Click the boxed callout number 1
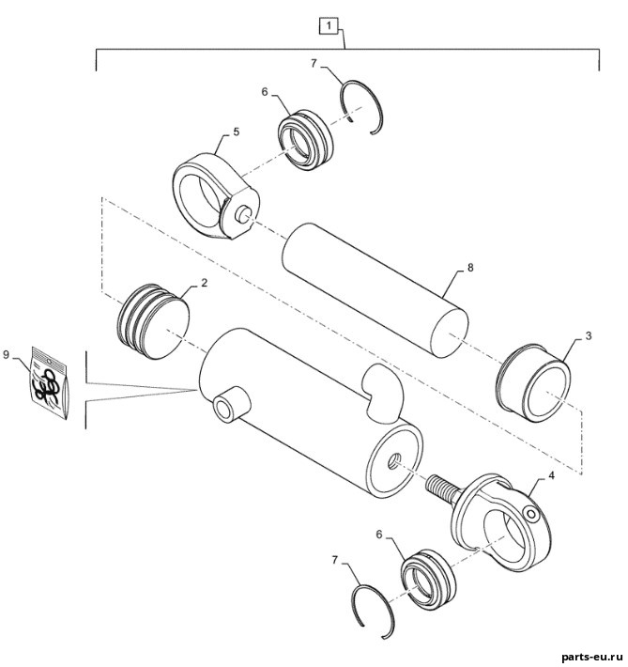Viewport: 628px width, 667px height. tap(329, 26)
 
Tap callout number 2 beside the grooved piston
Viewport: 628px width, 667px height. tap(204, 283)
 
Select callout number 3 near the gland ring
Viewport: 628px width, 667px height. tap(589, 335)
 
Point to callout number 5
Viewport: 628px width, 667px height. tap(237, 132)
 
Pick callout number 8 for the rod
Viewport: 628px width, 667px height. tap(470, 268)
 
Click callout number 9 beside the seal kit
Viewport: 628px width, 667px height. tap(6, 355)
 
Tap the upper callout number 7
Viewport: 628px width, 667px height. tap(314, 63)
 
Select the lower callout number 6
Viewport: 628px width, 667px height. tap(379, 535)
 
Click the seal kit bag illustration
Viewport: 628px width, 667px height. tap(50, 383)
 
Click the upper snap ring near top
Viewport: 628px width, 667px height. tap(363, 107)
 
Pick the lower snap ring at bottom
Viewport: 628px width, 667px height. tap(375, 611)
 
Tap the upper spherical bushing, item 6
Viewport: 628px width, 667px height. tap(306, 140)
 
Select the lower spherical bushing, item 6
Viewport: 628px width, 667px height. tap(428, 578)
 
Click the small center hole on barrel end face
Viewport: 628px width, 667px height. tap(395, 461)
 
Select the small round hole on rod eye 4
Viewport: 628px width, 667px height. tap(532, 515)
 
